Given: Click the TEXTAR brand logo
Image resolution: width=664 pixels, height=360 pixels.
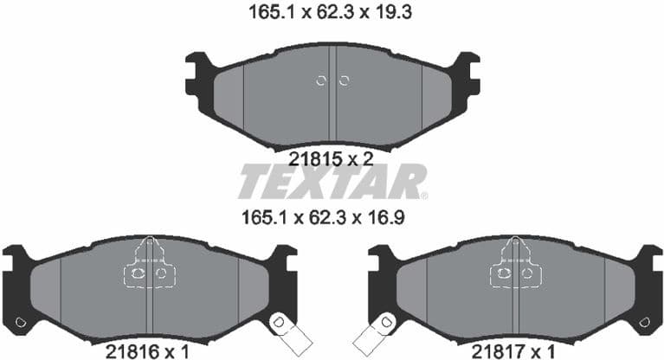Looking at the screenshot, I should point(332,181).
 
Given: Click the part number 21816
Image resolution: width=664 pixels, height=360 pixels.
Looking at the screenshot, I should point(129,350).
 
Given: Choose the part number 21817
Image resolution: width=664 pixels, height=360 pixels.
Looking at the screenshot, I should point(497,350).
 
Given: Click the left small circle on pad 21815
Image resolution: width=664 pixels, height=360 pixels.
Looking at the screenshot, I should point(321,81).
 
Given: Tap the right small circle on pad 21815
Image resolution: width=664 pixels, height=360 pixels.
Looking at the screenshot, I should point(344,81).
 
